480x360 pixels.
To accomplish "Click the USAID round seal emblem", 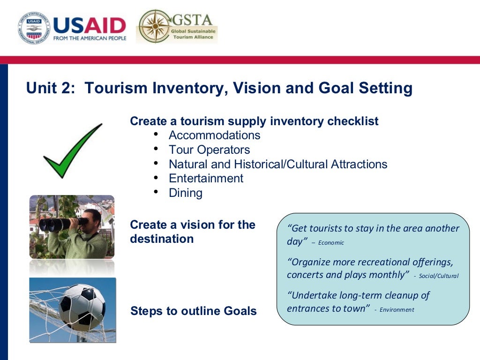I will pos(34,28).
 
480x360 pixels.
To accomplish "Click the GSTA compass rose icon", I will pos(155,26).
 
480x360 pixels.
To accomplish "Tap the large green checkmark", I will pos(72,151).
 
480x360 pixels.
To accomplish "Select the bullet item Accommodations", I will pos(214,135).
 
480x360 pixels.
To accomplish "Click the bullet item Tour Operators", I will pos(209,150).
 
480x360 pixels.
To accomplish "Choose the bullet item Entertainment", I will pos(206,179).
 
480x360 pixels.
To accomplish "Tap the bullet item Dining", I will pos(186,193).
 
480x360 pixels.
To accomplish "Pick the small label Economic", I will pos(331,243).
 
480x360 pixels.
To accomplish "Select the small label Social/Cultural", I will pos(438,276).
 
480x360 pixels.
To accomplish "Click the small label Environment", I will pos(397,310).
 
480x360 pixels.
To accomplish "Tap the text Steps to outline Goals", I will pos(193,311).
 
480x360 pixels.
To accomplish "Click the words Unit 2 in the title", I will pos(50,88).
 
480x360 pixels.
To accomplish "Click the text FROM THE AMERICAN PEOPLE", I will pos(90,38).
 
